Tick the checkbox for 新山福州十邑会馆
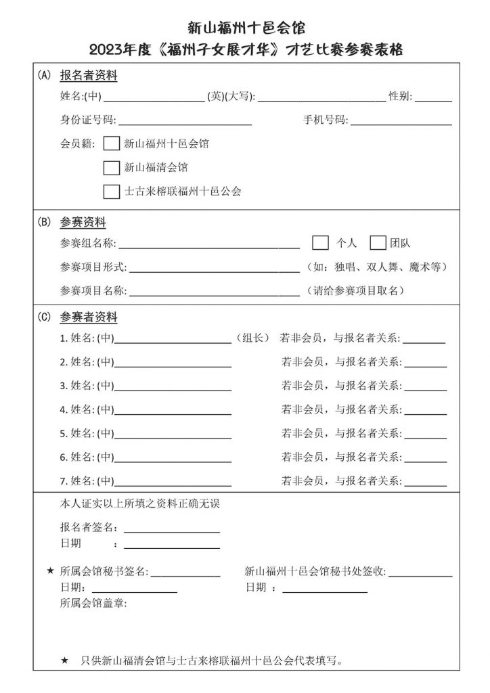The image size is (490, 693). [x=112, y=143]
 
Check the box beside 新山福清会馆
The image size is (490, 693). [x=112, y=167]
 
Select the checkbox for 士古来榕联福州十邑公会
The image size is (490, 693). [x=112, y=191]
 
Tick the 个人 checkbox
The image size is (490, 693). [x=321, y=242]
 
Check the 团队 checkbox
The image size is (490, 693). [x=378, y=242]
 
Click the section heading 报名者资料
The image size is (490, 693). [x=89, y=76]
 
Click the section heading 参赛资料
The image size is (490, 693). [x=83, y=222]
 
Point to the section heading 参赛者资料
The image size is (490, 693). [x=89, y=317]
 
